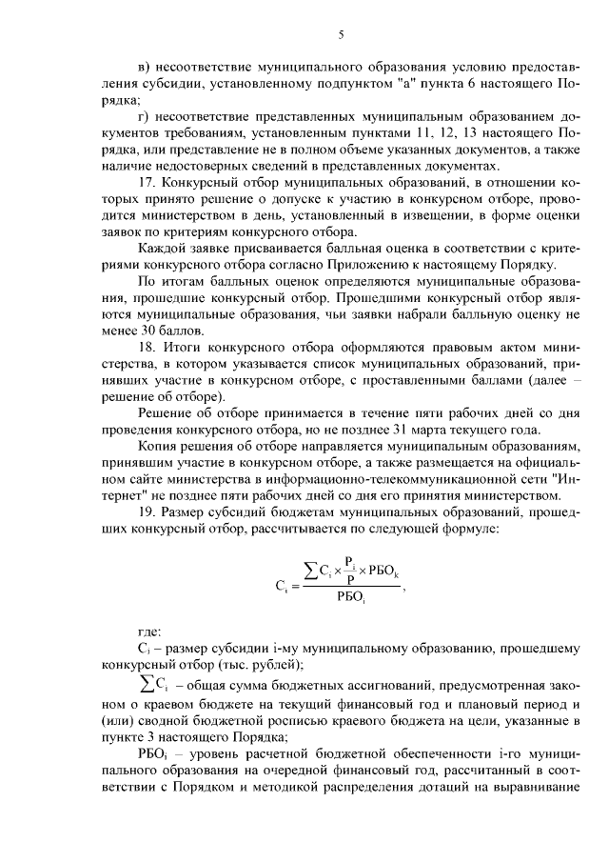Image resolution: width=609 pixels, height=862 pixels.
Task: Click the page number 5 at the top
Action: [339, 35]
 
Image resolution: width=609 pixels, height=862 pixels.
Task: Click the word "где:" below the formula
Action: [150, 630]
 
